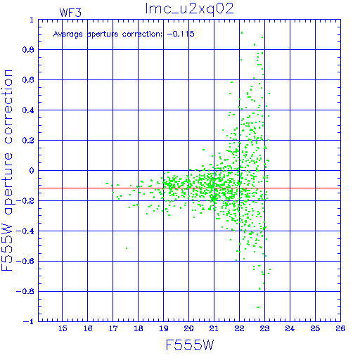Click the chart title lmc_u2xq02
point(189,9)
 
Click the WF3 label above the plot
point(70,13)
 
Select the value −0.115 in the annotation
point(181,34)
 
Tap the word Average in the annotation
point(68,34)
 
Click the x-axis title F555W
point(190,345)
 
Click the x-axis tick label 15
point(63,328)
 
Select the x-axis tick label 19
point(164,328)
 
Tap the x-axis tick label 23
point(264,328)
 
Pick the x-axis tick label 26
point(340,328)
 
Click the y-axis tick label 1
point(32,20)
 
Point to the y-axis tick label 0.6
point(28,80)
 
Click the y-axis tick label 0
point(32,170)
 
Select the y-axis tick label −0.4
point(25,231)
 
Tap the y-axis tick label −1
point(29,321)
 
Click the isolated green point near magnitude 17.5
point(127,248)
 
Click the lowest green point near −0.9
point(258,307)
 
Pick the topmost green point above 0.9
point(242,32)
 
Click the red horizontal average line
point(189,188)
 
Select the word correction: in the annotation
point(142,34)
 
